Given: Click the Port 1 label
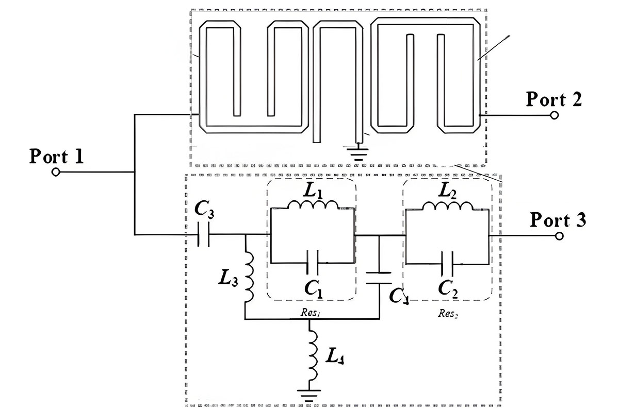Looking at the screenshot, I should tap(56, 156).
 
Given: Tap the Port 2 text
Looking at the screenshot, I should tap(553, 99).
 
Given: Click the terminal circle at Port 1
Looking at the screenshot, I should tap(57, 172).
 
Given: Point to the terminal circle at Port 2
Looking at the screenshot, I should tap(554, 115).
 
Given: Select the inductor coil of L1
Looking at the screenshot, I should tap(313, 205).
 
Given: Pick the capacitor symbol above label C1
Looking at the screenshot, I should tap(312, 262).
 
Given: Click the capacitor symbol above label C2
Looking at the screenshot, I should tap(447, 263).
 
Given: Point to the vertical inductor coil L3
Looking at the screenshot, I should tap(250, 278).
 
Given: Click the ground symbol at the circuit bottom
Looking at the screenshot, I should tap(309, 394).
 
